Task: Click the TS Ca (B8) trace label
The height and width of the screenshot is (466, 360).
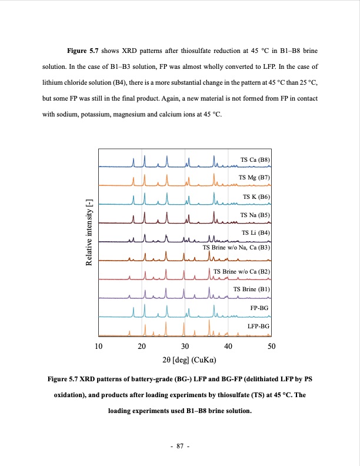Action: pos(255,159)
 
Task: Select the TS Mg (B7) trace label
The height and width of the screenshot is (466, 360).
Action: pos(254,177)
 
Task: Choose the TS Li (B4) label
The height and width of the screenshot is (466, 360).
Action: pos(256,234)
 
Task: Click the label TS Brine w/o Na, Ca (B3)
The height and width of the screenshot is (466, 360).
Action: pos(236,248)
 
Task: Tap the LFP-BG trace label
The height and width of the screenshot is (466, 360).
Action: pos(258,326)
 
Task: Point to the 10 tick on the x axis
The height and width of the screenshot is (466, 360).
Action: pos(98,346)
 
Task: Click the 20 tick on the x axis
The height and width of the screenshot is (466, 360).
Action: pos(142,346)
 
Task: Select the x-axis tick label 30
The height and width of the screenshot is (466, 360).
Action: pos(185,346)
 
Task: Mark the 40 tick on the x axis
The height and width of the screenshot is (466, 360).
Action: pos(228,346)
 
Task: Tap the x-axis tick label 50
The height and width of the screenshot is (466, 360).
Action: pos(271,346)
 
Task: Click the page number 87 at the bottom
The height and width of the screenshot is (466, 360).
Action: pos(179,447)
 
